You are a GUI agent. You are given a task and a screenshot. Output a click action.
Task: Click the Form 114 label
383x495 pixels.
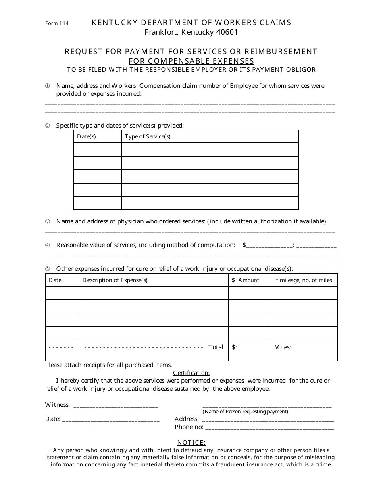[56, 23]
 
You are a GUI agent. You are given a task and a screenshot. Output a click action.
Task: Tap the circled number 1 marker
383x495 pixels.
[47, 86]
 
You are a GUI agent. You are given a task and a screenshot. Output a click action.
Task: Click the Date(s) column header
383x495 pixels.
[86, 136]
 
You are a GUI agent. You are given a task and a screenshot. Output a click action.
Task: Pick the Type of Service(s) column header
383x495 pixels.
[148, 136]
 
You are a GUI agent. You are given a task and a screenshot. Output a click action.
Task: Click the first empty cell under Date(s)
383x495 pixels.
[97, 149]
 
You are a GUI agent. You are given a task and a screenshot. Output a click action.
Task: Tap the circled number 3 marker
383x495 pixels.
[47, 221]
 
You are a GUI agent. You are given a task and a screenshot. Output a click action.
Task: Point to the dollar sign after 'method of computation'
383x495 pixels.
[244, 245]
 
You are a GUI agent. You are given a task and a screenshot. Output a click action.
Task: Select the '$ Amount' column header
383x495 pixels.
[246, 280]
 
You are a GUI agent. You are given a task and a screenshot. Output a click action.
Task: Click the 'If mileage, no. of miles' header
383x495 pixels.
[303, 280]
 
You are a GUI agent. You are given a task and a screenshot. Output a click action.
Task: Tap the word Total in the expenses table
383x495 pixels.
[215, 347]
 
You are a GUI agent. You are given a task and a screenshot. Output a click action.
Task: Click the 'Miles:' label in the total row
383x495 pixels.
[282, 347]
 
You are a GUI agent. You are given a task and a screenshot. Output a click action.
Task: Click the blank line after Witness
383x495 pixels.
[116, 405]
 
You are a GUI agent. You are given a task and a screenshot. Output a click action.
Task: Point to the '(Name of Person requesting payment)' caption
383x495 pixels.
[245, 412]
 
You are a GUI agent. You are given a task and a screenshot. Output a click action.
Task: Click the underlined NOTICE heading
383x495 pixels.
[191, 443]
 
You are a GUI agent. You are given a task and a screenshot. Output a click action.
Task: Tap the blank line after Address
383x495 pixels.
[267, 419]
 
